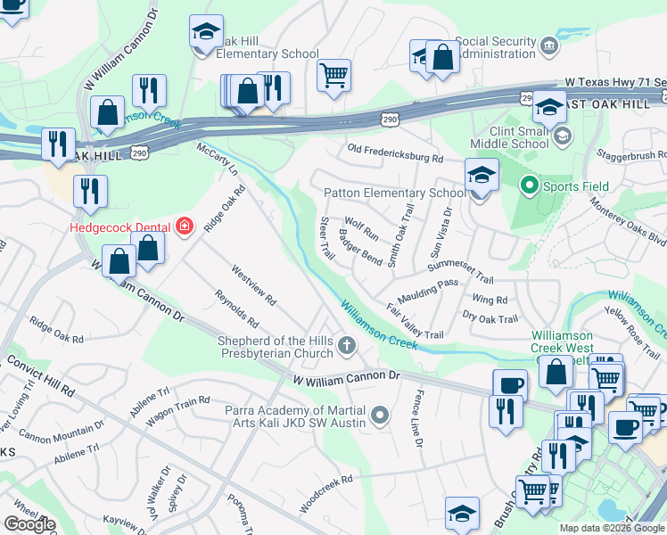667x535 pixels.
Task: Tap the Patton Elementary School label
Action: point(394,193)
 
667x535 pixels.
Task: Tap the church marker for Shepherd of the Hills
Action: point(348,344)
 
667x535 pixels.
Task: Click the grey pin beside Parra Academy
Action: point(381,414)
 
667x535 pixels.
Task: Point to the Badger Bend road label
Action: point(360,248)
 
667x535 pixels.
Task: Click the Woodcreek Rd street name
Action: point(326,492)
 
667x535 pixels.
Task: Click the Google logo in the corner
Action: point(29,524)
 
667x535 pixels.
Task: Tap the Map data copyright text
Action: point(611,528)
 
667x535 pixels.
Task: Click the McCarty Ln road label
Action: point(217,159)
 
